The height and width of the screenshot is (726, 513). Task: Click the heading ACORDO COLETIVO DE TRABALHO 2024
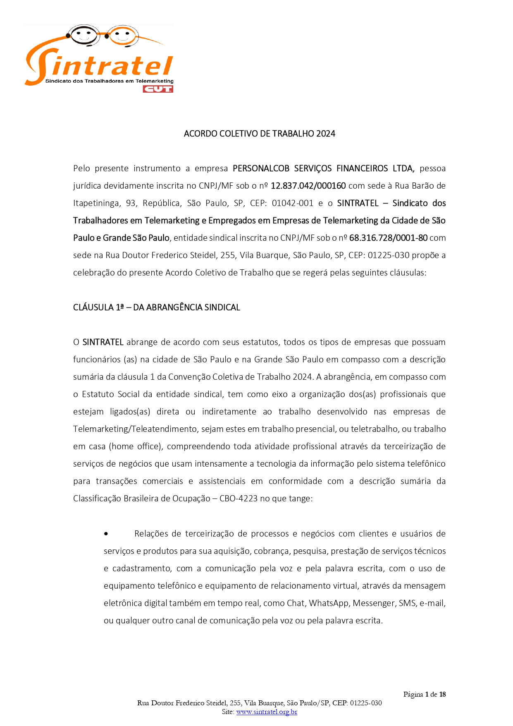tap(259, 134)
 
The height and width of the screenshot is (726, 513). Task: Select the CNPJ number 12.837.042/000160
tap(308, 186)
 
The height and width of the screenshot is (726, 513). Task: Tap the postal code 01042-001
tap(292, 203)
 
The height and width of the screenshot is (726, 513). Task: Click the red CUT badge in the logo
tap(157, 89)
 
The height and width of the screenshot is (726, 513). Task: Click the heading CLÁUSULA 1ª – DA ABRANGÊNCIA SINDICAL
tap(156, 307)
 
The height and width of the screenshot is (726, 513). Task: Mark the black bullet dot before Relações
tap(106, 534)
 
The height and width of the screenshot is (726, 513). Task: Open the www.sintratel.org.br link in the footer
tap(267, 712)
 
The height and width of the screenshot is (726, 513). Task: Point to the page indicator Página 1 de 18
tap(424, 694)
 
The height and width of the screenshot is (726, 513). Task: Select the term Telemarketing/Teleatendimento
tap(136, 429)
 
